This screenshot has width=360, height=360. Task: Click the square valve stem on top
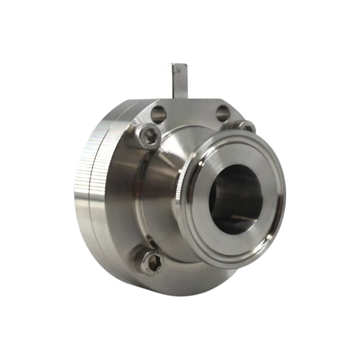coord(173,78)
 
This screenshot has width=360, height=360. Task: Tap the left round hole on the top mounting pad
coord(160,112)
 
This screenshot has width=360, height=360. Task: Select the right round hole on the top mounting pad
coord(223,111)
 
